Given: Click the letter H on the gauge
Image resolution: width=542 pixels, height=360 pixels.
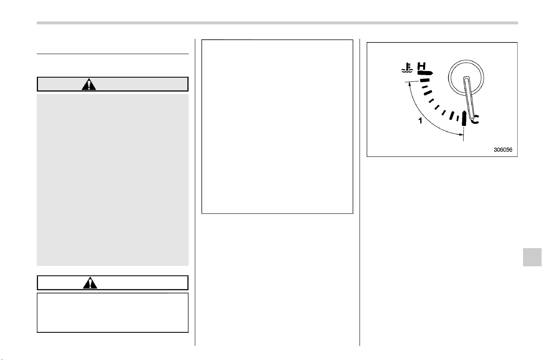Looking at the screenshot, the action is [x=421, y=66].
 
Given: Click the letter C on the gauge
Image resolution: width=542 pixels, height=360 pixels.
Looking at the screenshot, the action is [x=475, y=119].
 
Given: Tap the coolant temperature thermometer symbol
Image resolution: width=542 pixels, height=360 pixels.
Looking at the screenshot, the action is [x=407, y=68].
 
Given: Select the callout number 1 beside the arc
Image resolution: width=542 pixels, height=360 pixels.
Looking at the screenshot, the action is [x=420, y=121].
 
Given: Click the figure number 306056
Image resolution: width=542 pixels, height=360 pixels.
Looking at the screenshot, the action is [x=503, y=150].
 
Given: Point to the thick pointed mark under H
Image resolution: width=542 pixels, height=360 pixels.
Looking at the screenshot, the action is [x=425, y=73].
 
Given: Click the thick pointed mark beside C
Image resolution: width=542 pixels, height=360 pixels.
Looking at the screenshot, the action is [x=464, y=118].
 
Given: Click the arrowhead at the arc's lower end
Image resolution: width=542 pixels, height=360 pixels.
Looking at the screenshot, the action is [x=461, y=134].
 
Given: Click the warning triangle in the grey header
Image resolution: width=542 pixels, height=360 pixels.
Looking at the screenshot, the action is [x=89, y=84].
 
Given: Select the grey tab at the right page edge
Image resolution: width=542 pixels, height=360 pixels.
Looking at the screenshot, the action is [x=532, y=257].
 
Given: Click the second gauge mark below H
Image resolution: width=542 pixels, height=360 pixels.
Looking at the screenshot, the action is [x=425, y=87].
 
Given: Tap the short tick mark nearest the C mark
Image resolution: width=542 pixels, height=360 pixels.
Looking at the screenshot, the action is [x=458, y=118].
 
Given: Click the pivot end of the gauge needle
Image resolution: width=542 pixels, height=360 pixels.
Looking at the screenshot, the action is [x=466, y=78].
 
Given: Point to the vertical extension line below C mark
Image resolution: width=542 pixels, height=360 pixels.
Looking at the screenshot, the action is [x=463, y=134].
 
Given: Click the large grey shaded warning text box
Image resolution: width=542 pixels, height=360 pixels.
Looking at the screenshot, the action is [x=113, y=180].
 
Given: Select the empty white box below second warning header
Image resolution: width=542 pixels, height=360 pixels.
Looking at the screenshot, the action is [x=113, y=313].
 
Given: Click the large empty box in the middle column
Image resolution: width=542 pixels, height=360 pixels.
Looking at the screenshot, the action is [x=277, y=126].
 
